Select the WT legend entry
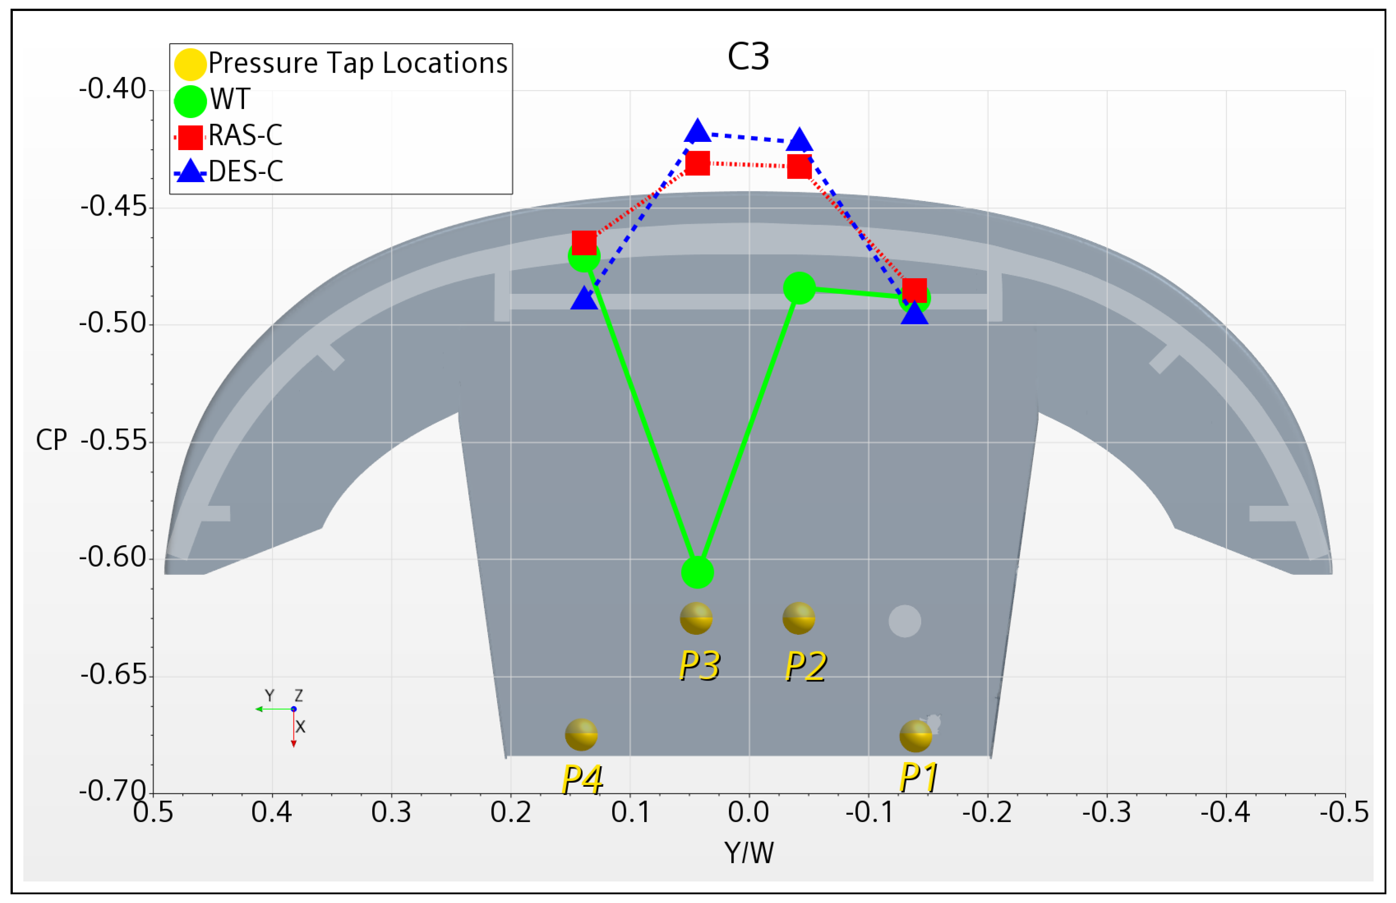coord(230,99)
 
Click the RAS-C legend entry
coord(245,135)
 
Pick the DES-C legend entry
coord(245,171)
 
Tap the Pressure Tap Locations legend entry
coord(357,63)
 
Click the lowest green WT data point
coord(697,572)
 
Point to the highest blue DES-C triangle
coord(697,131)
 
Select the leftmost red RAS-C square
coord(584,242)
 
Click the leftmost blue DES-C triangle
coord(584,299)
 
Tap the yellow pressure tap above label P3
coord(696,618)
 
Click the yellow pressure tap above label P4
coord(581,735)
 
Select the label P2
coord(806,667)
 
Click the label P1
coord(918,778)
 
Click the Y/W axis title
coord(749,853)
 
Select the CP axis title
coord(52,440)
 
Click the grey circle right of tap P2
coord(904,621)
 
